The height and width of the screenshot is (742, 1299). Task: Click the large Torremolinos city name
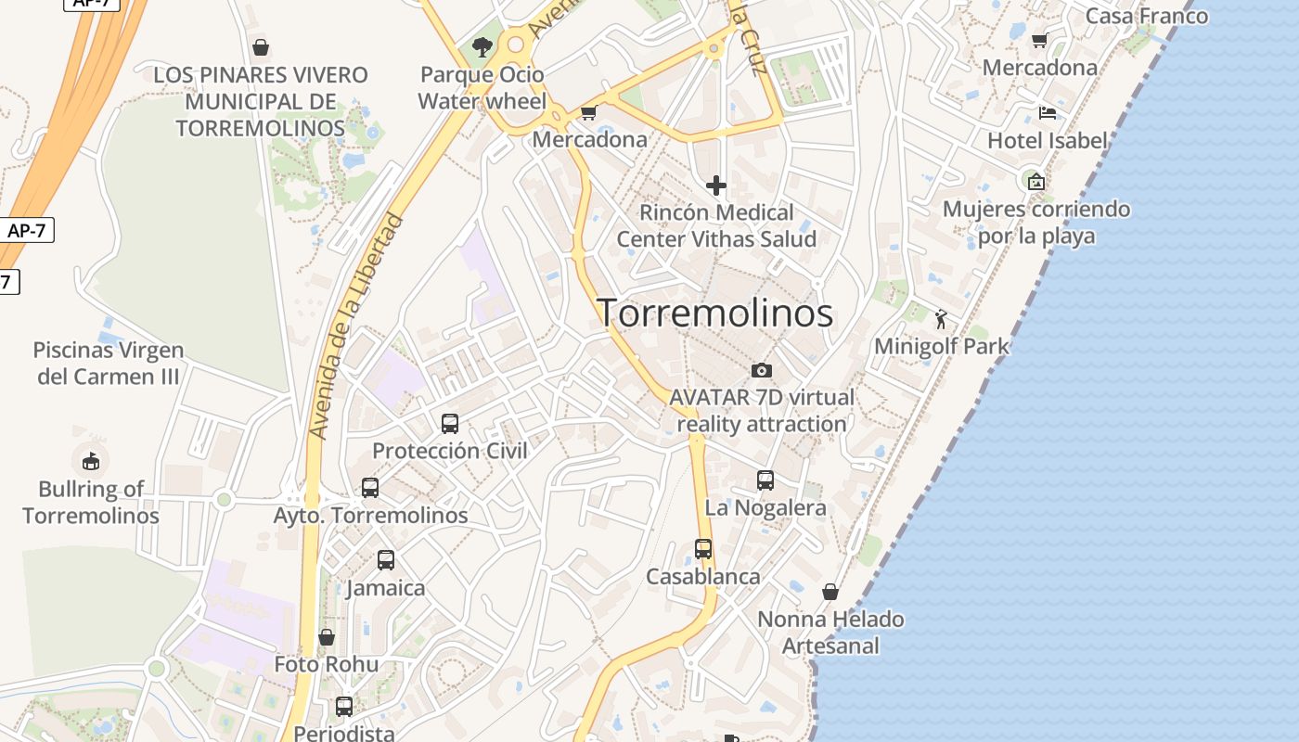point(714,313)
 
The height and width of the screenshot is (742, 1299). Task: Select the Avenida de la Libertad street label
point(357,326)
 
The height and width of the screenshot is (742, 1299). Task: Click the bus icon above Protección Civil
point(450,424)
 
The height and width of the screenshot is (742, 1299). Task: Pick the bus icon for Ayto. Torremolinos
point(370,488)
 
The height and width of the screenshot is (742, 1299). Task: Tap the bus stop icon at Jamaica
point(386,560)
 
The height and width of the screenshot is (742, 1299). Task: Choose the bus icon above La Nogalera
point(765,480)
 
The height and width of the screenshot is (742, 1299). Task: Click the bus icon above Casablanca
point(703,549)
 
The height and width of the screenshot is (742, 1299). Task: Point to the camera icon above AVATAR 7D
point(761,371)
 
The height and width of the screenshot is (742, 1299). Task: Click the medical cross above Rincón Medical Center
point(716,185)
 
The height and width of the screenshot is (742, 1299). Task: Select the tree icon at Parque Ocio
point(482,46)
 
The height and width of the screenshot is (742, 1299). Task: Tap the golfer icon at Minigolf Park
point(942,319)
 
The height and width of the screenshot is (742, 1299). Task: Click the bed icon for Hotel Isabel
point(1048,113)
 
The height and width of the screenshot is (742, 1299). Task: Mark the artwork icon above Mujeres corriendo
point(1036,182)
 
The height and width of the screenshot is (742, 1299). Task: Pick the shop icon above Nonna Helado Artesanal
point(830,592)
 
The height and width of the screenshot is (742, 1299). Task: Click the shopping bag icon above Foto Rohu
point(327,637)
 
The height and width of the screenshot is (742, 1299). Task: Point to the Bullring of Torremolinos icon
point(90,460)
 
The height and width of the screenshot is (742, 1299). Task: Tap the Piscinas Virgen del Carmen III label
point(108,364)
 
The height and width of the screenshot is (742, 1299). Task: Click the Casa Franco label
point(1147,16)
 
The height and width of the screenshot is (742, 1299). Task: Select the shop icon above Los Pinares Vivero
point(261,47)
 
